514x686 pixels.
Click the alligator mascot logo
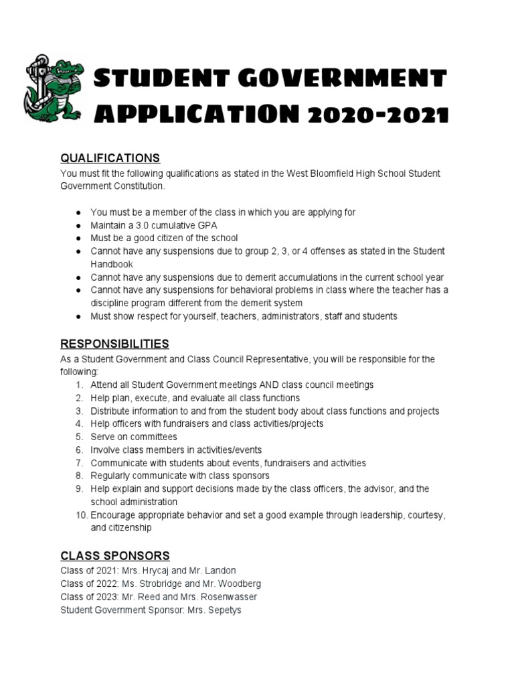[55, 90]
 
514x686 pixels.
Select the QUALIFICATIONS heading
[110, 158]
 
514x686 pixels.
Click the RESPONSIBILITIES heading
[114, 344]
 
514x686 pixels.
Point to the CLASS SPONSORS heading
[114, 555]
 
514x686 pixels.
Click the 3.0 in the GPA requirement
[145, 225]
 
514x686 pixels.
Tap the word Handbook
[112, 264]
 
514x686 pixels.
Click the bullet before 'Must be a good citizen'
[78, 238]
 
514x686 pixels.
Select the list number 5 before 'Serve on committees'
[78, 437]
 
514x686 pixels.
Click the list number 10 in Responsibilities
[81, 515]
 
